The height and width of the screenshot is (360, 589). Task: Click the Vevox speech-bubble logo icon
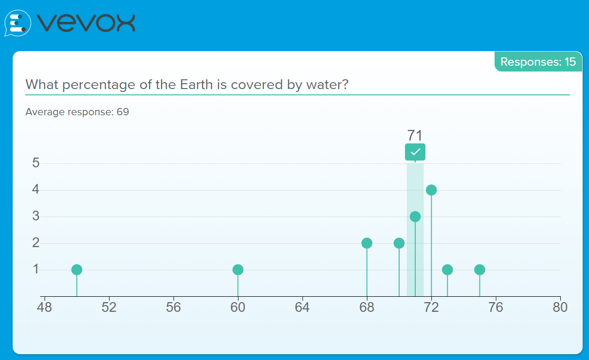(x=18, y=23)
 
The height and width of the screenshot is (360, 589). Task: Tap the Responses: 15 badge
(x=538, y=62)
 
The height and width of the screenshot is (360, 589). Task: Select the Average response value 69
(x=123, y=112)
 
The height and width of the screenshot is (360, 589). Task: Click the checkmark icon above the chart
(x=415, y=152)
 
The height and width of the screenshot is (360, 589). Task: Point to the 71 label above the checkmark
(x=415, y=135)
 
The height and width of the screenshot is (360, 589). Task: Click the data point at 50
(x=77, y=270)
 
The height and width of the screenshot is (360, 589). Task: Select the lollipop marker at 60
(x=238, y=270)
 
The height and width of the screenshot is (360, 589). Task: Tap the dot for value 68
(x=367, y=243)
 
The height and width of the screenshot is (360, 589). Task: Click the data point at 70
(x=399, y=243)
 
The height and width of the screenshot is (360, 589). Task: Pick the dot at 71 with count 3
(x=415, y=216)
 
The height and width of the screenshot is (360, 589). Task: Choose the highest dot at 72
(x=431, y=190)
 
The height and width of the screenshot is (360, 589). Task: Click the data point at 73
(x=447, y=270)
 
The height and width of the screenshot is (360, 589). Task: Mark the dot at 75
(x=479, y=270)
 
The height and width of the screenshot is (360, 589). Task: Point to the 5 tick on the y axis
(x=36, y=163)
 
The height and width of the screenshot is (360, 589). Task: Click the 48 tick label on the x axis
(x=44, y=307)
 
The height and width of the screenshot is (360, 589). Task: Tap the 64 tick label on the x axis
(x=302, y=307)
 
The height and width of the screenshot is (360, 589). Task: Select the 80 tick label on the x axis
(x=560, y=307)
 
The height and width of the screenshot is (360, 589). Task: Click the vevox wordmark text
(x=86, y=23)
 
